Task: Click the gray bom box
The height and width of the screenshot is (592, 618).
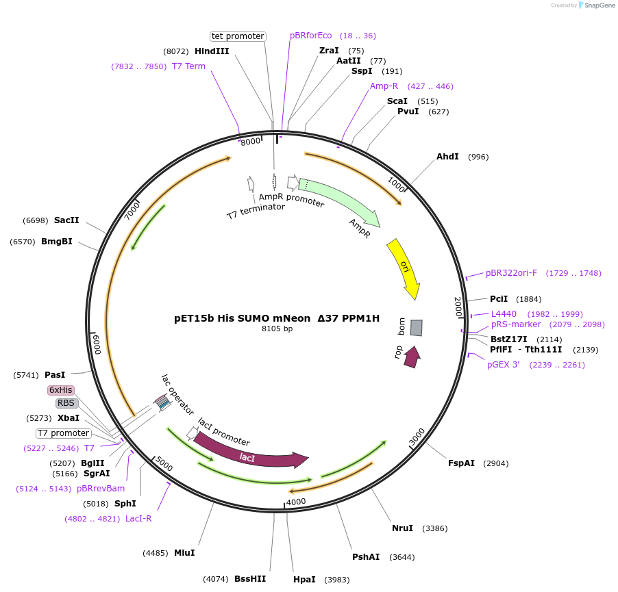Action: coord(416,328)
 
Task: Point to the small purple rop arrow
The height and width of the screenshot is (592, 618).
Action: coord(412,357)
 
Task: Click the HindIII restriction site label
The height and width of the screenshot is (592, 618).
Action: coord(212,51)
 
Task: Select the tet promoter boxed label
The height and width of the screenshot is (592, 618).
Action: coord(237,36)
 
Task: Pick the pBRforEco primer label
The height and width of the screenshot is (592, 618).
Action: coord(311,36)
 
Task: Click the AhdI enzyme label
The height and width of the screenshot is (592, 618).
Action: coord(447,157)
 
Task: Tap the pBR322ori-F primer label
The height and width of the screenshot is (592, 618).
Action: coord(512,273)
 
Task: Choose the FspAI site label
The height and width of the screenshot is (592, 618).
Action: coord(461,463)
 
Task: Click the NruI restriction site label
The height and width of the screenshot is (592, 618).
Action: coord(402,528)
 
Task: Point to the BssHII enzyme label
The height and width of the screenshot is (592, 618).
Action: coord(250,579)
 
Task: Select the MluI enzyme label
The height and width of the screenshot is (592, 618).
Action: coord(184,553)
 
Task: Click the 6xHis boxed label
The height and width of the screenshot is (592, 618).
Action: coord(61,390)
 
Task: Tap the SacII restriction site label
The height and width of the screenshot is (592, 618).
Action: coord(66,220)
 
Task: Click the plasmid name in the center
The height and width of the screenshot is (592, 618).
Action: coord(277,318)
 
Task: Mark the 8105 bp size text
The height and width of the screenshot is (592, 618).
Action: coord(277,329)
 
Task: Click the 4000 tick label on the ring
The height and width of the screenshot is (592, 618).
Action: coord(296,502)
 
